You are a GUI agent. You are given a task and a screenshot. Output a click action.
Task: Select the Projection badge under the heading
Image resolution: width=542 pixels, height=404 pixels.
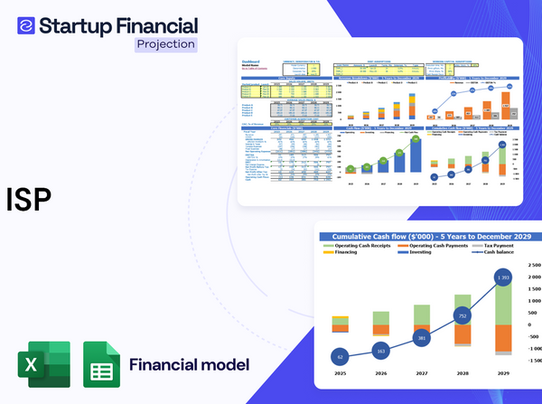pos(164,43)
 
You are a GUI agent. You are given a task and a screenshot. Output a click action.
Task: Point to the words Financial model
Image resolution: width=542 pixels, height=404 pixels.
pos(189,365)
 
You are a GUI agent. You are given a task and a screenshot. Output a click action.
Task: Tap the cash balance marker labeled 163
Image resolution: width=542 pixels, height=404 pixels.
pos(379,350)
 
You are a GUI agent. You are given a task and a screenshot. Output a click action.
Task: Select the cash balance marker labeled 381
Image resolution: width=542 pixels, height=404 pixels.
pos(421,338)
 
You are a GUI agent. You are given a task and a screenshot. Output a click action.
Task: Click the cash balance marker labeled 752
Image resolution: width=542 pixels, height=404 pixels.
pos(463,316)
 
